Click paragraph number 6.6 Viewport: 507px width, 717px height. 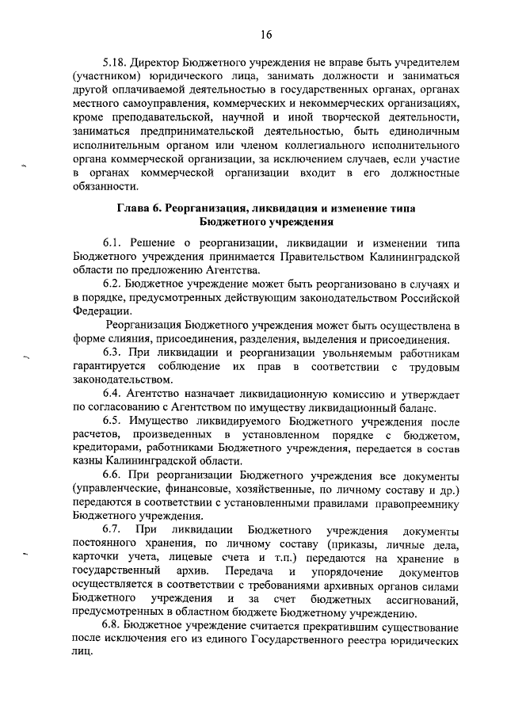pyautogui.click(x=113, y=479)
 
